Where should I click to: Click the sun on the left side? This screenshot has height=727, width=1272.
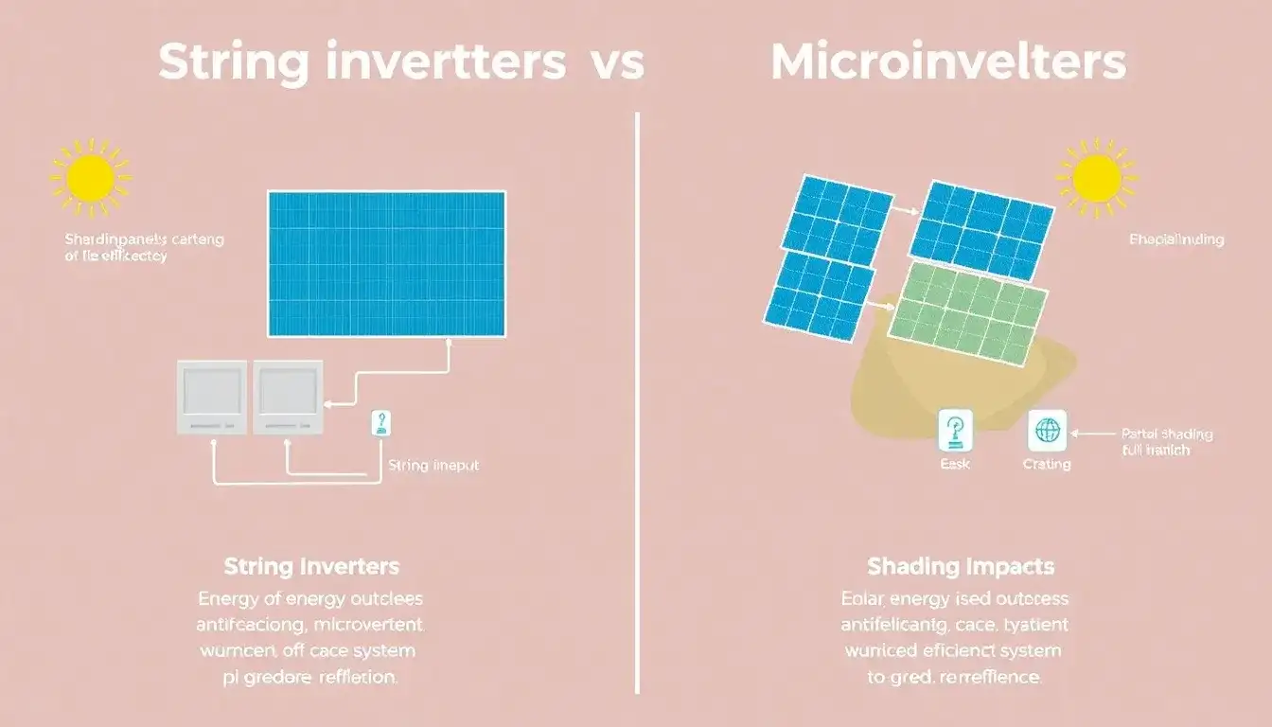click(91, 178)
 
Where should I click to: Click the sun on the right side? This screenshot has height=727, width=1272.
click(1097, 177)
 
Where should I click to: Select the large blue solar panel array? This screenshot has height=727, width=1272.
click(386, 263)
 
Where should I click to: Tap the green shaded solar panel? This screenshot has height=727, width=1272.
click(967, 311)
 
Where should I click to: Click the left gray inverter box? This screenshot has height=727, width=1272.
click(211, 397)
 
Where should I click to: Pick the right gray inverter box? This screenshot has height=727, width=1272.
click(287, 397)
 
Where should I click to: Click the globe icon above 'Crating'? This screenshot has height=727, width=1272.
click(1047, 431)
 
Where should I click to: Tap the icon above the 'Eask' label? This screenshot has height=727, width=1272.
click(955, 431)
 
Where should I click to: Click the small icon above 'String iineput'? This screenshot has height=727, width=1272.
click(380, 423)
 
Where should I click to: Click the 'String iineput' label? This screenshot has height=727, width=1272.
click(433, 466)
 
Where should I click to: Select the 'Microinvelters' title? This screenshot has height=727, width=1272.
click(948, 62)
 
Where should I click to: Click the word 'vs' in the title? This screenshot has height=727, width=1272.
click(618, 62)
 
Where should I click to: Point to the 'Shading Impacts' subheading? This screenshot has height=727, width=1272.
click(961, 567)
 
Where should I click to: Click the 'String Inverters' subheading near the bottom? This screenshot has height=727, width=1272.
click(311, 567)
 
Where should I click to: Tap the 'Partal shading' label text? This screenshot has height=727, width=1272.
click(1167, 434)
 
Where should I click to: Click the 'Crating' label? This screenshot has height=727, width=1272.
click(1047, 464)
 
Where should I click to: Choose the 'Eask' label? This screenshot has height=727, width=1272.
click(955, 464)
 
